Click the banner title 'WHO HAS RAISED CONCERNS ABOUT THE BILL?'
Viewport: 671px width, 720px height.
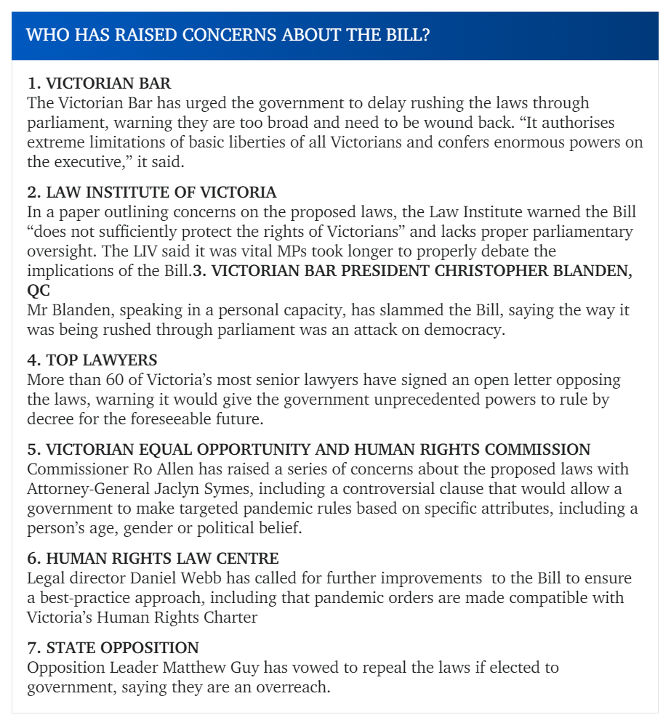pyautogui.click(x=228, y=35)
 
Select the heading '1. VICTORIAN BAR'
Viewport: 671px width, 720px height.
pyautogui.click(x=99, y=84)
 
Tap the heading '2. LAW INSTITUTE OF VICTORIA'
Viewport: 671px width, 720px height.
pyautogui.click(x=151, y=193)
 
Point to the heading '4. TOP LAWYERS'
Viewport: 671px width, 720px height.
pyautogui.click(x=92, y=360)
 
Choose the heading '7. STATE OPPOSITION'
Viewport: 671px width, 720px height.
pyautogui.click(x=113, y=647)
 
